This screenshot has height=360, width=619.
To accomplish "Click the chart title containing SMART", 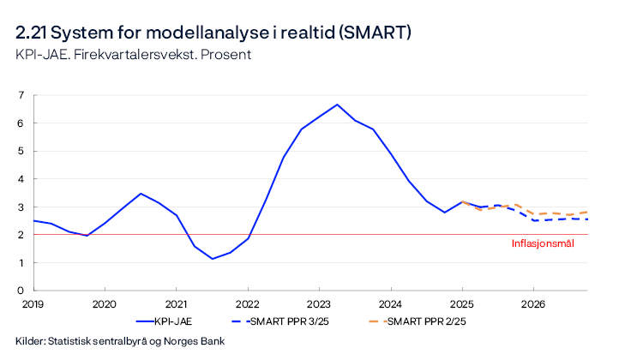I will (x=214, y=33).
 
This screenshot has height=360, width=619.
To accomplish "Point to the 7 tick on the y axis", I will (x=21, y=95).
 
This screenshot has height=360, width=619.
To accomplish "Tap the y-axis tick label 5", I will (x=21, y=151).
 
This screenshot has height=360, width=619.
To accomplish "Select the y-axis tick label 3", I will (x=21, y=207).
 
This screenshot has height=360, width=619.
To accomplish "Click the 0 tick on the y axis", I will (x=21, y=291).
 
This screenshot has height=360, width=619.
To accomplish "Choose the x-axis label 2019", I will (x=33, y=303).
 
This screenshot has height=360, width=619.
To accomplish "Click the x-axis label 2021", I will (x=176, y=303).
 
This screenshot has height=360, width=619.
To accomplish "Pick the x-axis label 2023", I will (x=319, y=303).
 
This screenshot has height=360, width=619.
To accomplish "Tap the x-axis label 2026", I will (x=533, y=303).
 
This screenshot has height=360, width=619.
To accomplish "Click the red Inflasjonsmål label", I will (x=542, y=243).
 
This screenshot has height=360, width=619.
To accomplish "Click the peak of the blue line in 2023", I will (x=337, y=105).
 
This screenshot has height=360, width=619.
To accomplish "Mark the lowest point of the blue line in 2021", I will (x=212, y=259).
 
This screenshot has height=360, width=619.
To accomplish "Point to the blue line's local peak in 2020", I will (x=141, y=194).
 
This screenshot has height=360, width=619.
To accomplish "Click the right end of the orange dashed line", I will (x=588, y=212).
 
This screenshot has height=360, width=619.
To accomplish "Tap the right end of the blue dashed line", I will (x=588, y=219).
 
